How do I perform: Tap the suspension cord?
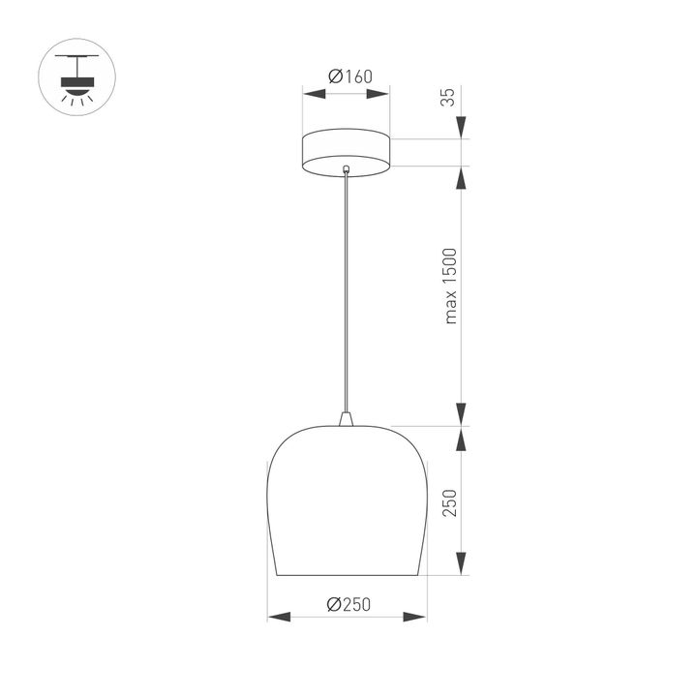pos(347,290)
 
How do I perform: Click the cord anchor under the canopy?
pos(347,171)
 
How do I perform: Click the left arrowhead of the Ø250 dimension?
pos(276,617)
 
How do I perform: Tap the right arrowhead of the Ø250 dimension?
pos(417,617)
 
